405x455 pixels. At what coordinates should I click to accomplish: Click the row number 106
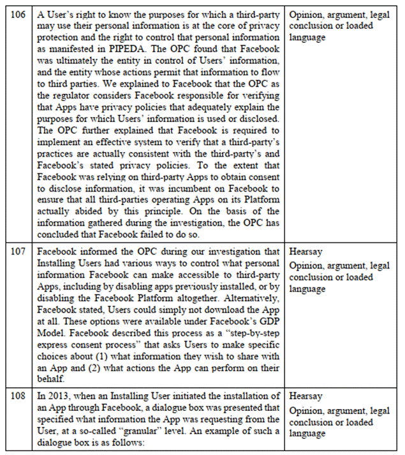pyautogui.click(x=18, y=14)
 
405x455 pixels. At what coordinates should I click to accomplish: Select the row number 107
pyautogui.click(x=18, y=253)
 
